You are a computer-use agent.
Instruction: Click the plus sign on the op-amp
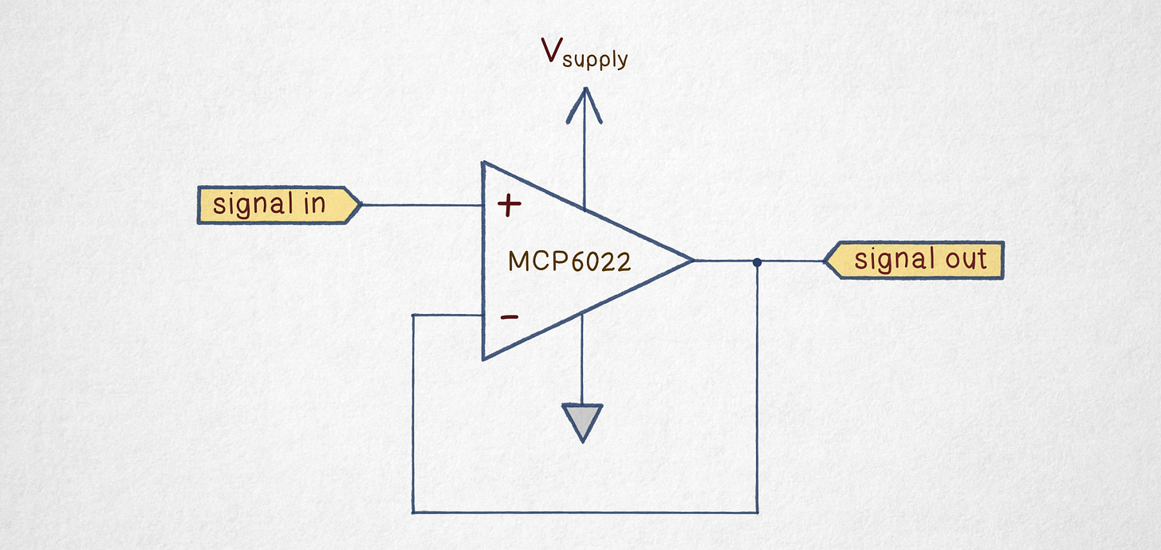[x=509, y=206]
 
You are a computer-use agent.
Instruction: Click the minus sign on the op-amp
[x=509, y=317]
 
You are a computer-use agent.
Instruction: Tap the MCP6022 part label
[x=569, y=261]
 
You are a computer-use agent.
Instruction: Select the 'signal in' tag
[x=275, y=205]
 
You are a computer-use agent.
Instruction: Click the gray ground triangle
[x=583, y=420]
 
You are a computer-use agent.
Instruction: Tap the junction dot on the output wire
[x=757, y=261]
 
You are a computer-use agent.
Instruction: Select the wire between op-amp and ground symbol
[x=582, y=359]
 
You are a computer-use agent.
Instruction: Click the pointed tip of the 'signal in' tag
[x=360, y=205]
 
